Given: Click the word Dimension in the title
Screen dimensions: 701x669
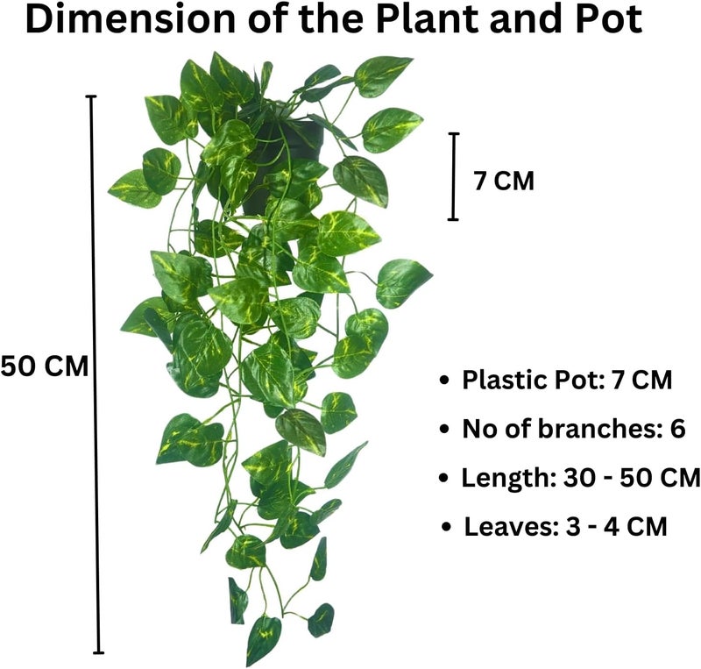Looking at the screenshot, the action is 130,19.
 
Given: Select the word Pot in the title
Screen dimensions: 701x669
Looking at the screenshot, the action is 609,19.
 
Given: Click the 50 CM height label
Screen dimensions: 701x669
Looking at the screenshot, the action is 45,367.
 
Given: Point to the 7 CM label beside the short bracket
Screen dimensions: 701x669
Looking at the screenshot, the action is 505,181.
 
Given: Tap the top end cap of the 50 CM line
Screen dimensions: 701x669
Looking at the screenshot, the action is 91,96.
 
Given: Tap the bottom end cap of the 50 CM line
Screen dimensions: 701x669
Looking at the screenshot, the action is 98,653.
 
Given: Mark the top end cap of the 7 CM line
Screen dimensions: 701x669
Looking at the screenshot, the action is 454,133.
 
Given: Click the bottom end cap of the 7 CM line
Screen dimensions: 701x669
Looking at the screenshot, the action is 453,219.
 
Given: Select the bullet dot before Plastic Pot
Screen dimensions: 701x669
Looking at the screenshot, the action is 444,381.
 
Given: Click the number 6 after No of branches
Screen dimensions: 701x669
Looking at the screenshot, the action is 677,429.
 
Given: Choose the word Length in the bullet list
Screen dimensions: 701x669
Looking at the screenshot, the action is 508,479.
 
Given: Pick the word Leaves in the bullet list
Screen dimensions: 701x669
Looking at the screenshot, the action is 512,527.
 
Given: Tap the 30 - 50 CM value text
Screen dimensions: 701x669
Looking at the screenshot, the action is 632,478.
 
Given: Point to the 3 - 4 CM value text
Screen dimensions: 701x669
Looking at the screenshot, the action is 617,527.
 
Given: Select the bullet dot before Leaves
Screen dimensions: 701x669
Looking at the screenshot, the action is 446,527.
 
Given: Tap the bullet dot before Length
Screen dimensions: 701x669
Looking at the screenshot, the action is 443,478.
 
